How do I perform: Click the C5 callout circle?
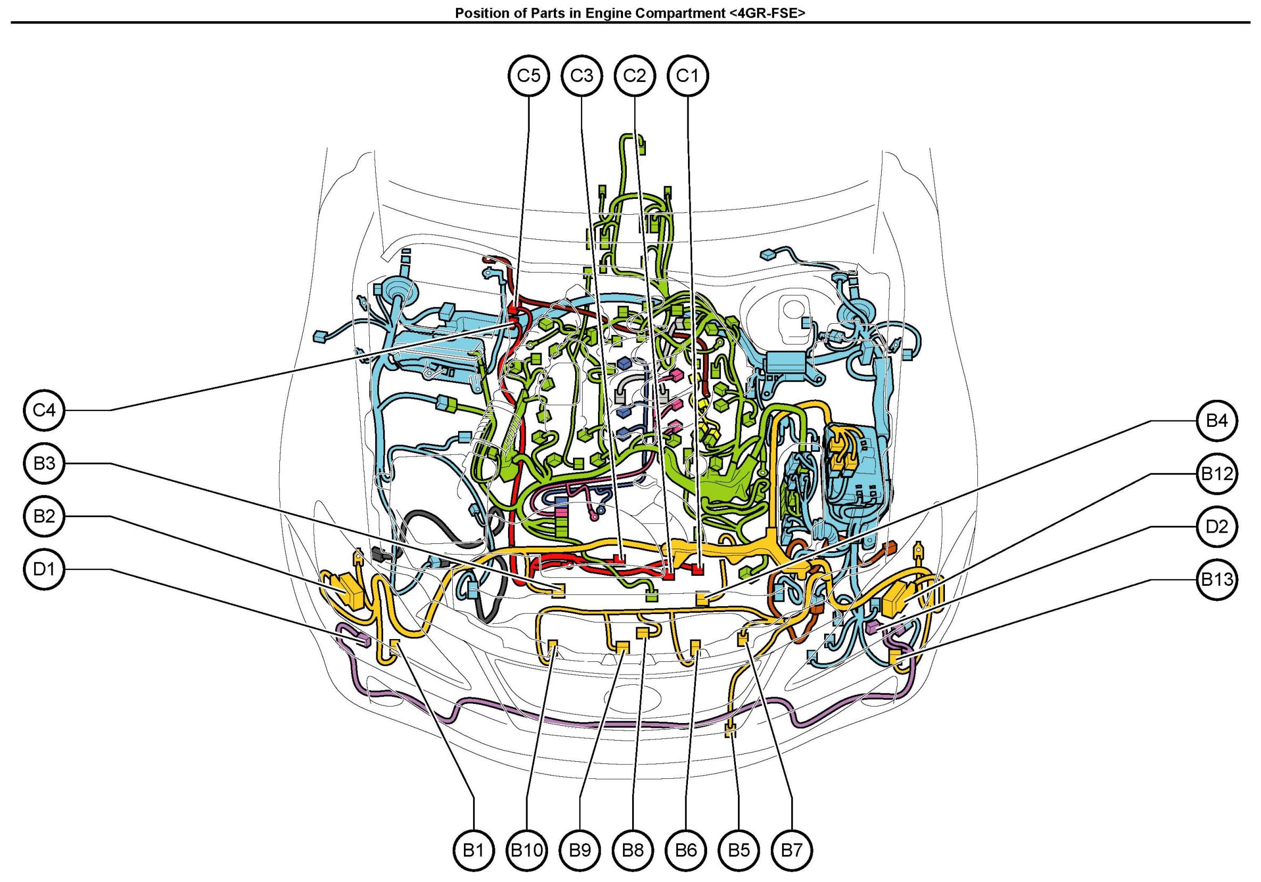click(x=528, y=75)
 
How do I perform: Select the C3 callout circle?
click(x=582, y=75)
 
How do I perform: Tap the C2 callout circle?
click(x=634, y=75)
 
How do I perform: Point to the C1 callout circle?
click(x=687, y=75)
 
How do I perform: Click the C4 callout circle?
click(x=45, y=410)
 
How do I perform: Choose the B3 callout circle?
click(x=45, y=463)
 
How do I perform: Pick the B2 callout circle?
click(x=45, y=516)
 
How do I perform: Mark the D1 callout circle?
click(x=45, y=569)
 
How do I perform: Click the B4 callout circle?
click(x=1217, y=421)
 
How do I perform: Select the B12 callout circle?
click(x=1217, y=474)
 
